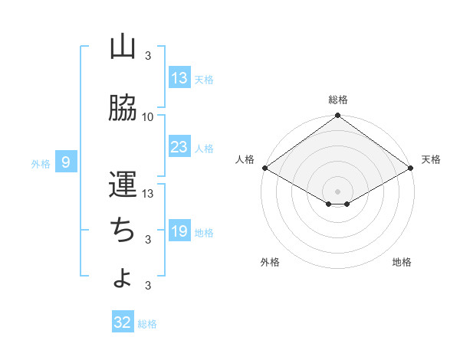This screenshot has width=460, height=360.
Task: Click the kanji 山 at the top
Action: [123, 47]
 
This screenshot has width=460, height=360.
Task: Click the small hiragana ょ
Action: [122, 279]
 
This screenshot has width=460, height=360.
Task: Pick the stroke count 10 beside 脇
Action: [148, 116]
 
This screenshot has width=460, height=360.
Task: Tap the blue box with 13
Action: [179, 78]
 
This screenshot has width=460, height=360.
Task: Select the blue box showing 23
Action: [179, 147]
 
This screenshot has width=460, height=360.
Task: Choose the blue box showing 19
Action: [179, 231]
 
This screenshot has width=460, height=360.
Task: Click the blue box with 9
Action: [67, 162]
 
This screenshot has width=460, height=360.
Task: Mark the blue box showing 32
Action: [123, 322]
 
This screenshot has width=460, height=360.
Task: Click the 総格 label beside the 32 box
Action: [147, 324]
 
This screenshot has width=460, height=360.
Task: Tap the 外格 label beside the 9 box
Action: [41, 163]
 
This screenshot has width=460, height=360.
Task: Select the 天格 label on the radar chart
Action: [431, 159]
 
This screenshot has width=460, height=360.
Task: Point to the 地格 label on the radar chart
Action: [402, 262]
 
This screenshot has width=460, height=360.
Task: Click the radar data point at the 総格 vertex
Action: [337, 116]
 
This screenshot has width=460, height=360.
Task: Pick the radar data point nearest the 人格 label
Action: [264, 168]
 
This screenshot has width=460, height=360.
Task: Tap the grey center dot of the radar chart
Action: [337, 190]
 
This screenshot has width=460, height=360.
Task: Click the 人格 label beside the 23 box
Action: [204, 149]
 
